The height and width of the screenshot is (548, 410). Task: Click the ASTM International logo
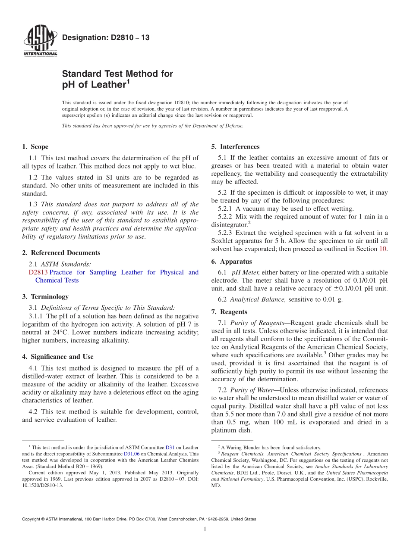coord(40,41)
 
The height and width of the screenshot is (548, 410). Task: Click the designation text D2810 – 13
coord(106,38)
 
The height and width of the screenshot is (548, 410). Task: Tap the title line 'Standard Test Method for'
coord(117,74)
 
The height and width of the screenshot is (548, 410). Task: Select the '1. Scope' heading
coord(35,146)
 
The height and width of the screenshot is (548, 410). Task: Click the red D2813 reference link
coord(38,272)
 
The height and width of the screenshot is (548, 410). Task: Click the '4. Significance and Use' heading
coord(57,357)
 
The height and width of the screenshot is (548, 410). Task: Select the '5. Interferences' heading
coord(235,146)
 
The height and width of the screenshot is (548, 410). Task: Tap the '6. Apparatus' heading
coord(231,262)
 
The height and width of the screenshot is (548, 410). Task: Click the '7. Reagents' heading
coord(229,312)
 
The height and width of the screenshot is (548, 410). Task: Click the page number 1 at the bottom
coord(205,529)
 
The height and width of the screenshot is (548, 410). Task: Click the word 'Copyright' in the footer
coord(32,519)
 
